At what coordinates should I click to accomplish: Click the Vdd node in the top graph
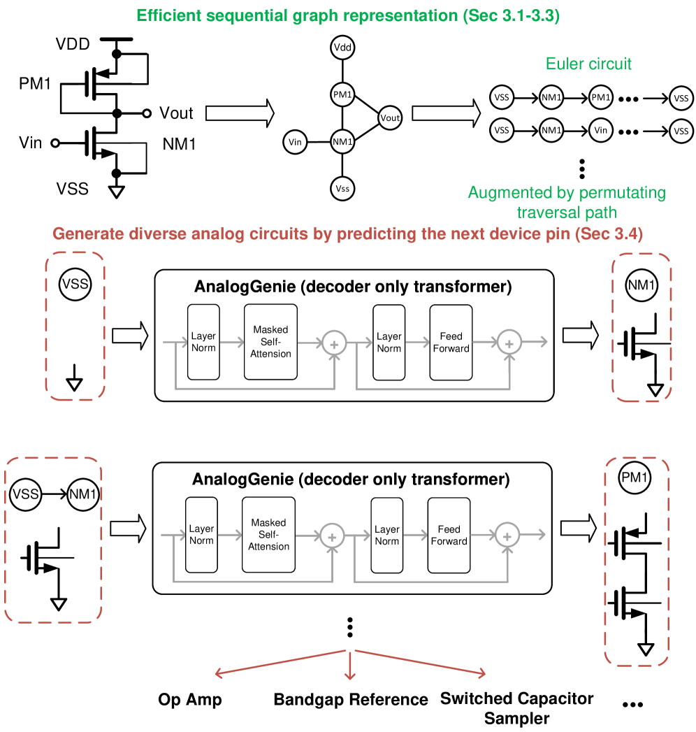(x=342, y=48)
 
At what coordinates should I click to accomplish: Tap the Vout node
(x=390, y=117)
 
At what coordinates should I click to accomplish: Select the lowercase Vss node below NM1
(x=342, y=188)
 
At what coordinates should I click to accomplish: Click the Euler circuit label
(x=588, y=64)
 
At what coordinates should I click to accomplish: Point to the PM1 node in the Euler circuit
(x=601, y=97)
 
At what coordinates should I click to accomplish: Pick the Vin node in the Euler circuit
(x=601, y=130)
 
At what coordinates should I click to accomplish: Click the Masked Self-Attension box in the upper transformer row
(x=270, y=342)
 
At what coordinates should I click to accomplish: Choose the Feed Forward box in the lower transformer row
(x=449, y=535)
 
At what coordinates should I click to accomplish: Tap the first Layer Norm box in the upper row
(x=203, y=342)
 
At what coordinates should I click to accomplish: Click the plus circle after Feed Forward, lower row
(x=507, y=536)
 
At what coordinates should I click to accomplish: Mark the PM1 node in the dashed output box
(x=635, y=479)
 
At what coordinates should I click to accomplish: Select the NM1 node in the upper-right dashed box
(x=641, y=285)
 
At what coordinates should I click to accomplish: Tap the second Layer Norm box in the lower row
(x=386, y=535)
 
